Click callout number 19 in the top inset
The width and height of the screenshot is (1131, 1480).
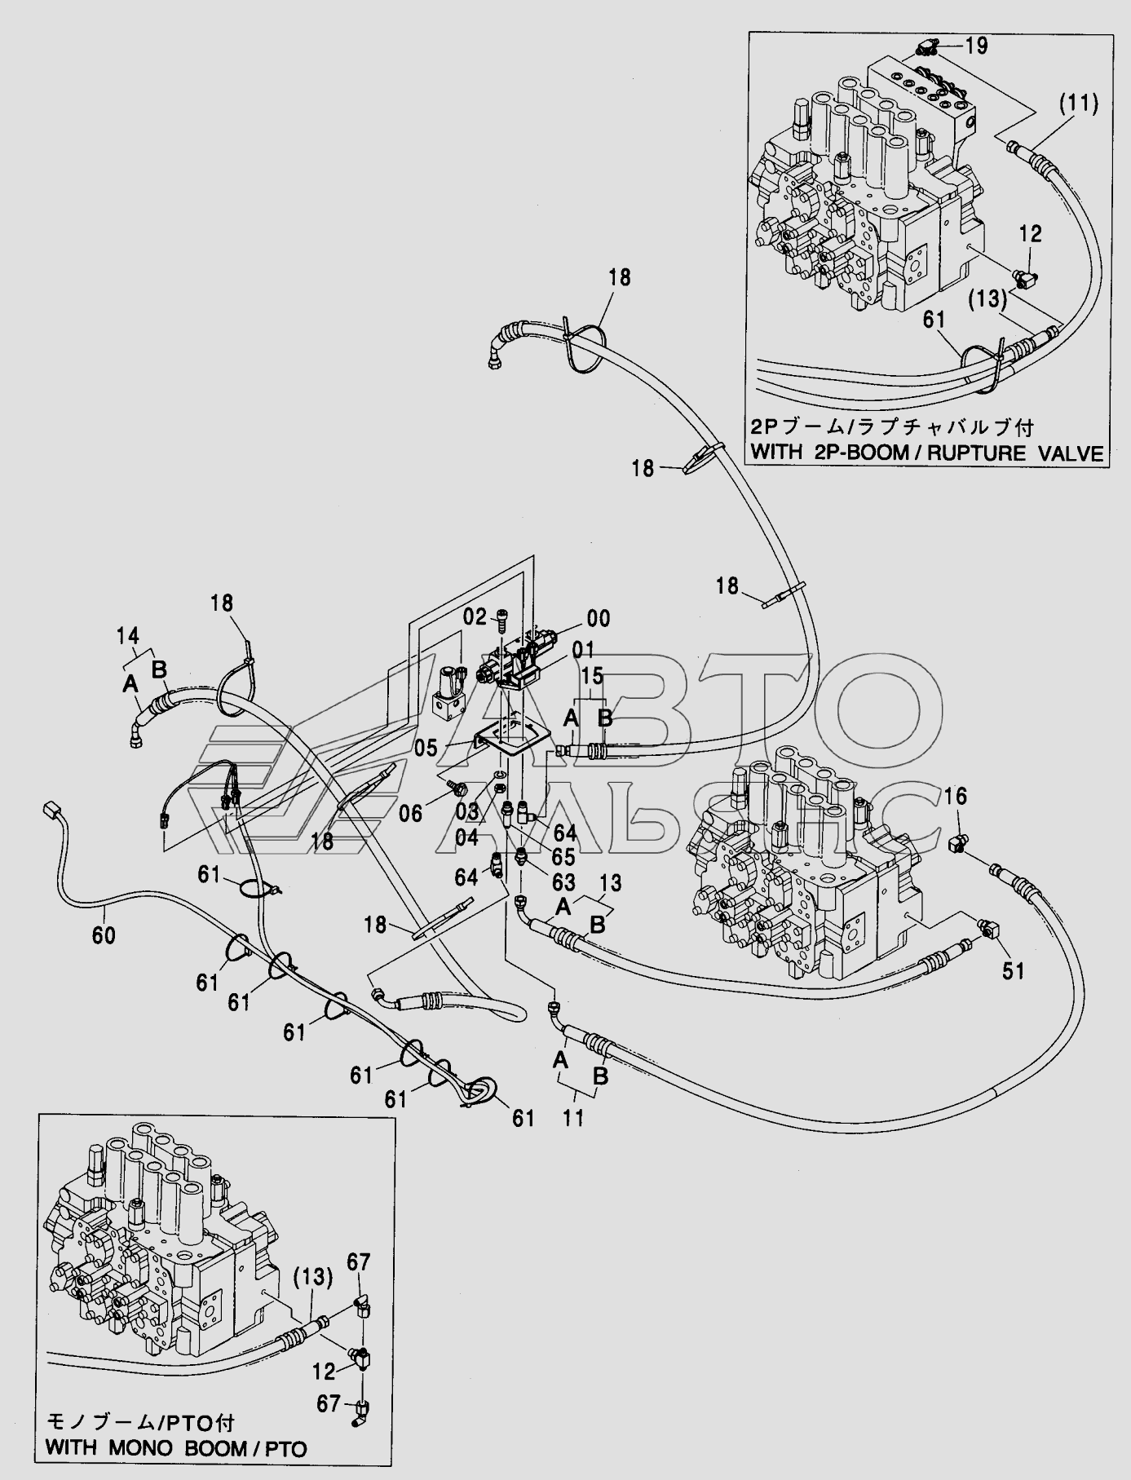(976, 46)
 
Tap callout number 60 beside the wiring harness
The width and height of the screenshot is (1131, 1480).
(104, 935)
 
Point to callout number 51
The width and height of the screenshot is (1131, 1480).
(1012, 970)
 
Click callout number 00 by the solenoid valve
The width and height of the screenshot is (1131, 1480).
(598, 619)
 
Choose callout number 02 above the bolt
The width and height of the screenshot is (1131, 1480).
(475, 616)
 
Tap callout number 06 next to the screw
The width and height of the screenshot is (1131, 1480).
(411, 813)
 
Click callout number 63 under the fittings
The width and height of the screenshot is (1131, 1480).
(563, 882)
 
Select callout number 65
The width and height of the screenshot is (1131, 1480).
(563, 857)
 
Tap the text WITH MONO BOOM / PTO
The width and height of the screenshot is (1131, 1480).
(176, 1449)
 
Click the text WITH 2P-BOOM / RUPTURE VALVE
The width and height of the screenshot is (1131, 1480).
(927, 453)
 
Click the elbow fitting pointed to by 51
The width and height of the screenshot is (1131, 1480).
(988, 928)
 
